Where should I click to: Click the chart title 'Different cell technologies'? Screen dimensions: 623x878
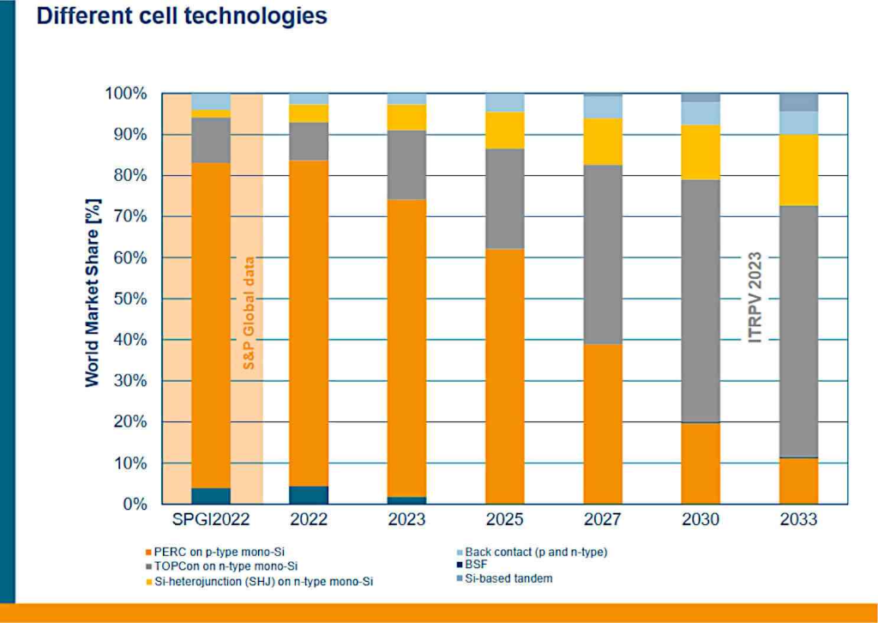[182, 16]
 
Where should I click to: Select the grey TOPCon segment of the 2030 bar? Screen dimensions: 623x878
[701, 300]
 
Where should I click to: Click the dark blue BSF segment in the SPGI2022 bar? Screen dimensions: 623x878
[211, 495]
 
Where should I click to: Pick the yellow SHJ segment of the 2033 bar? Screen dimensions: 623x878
[798, 170]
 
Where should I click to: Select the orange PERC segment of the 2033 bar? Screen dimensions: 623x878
[798, 481]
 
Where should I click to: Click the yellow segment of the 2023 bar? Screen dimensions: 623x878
[406, 117]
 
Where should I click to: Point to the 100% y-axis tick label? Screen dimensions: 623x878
[125, 94]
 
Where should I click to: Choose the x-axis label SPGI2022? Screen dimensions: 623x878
[211, 520]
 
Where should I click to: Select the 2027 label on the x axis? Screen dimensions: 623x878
[603, 520]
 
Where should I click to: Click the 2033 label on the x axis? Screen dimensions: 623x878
[798, 520]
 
